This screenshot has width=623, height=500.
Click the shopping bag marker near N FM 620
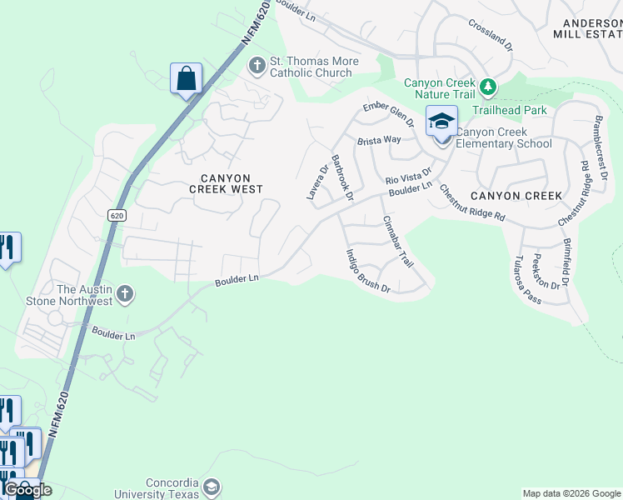point(187,79)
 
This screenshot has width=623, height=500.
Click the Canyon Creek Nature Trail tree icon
point(488,85)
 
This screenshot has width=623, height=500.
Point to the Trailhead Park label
point(509,109)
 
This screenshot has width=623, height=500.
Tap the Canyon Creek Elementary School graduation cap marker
point(441,122)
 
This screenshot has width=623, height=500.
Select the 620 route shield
point(116,214)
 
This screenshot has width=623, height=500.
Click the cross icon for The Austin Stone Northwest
point(125,293)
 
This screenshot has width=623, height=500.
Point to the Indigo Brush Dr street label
point(367,272)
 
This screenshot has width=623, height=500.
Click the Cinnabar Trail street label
point(397,242)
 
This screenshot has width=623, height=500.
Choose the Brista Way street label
point(379,142)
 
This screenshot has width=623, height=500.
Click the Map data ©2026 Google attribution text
point(571,493)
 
